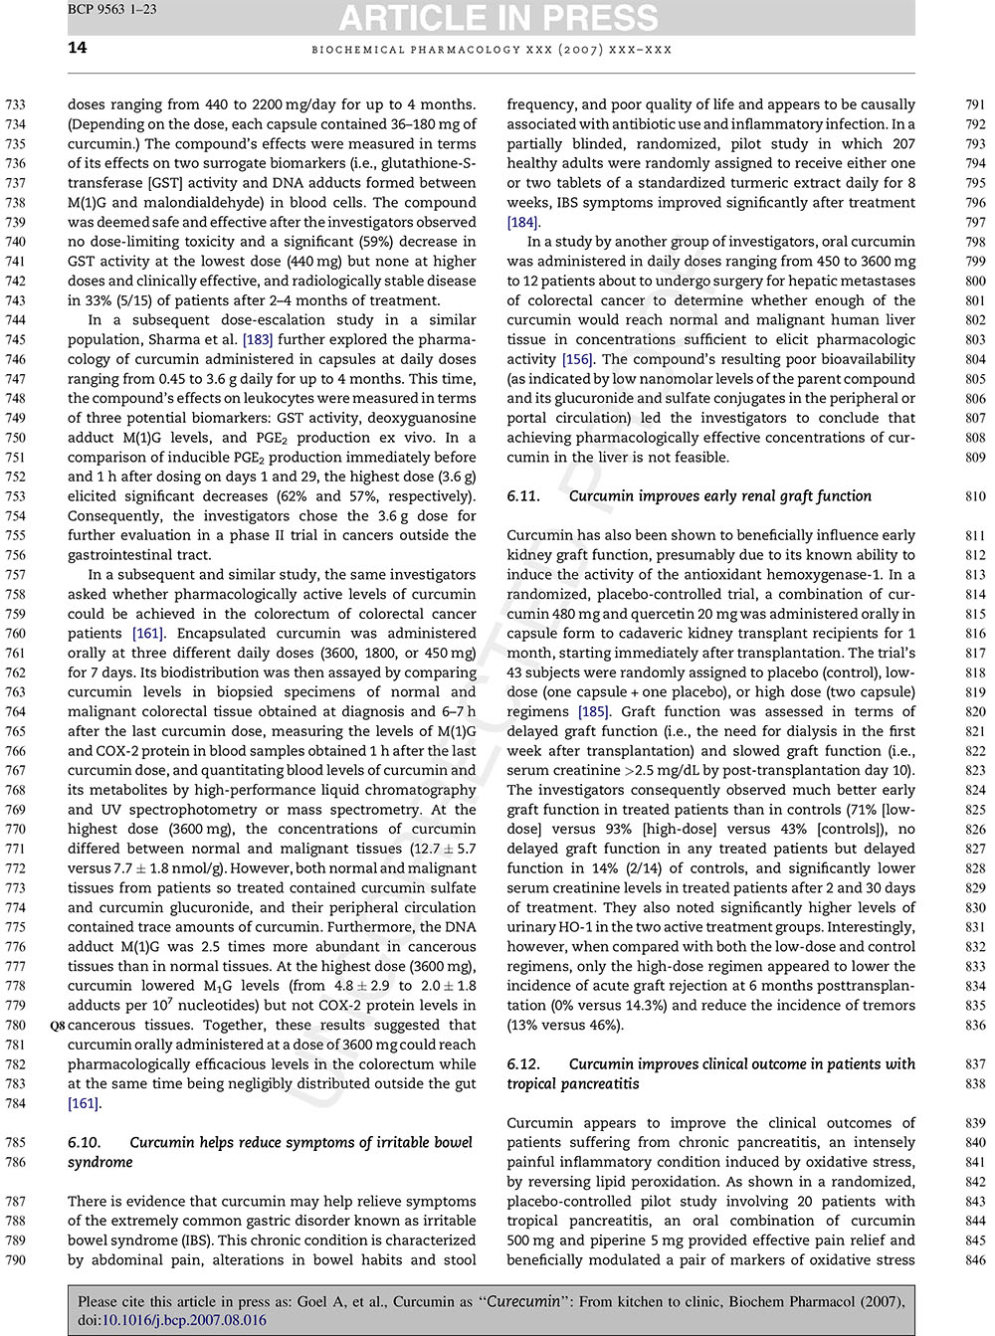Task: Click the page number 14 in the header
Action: pyautogui.click(x=78, y=48)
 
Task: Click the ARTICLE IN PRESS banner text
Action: pyautogui.click(x=498, y=18)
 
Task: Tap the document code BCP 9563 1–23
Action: pyautogui.click(x=112, y=10)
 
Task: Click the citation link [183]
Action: pyautogui.click(x=259, y=339)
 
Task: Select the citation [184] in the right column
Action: pyautogui.click(x=522, y=222)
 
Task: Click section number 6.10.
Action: pyautogui.click(x=85, y=1142)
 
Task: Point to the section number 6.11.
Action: pyautogui.click(x=523, y=495)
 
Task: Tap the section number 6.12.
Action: pyautogui.click(x=523, y=1063)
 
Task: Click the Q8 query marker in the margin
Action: pyautogui.click(x=57, y=1025)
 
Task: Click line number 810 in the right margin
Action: pyautogui.click(x=975, y=495)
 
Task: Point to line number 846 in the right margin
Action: pyautogui.click(x=975, y=1259)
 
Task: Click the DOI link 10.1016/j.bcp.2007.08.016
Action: pyautogui.click(x=184, y=1320)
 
